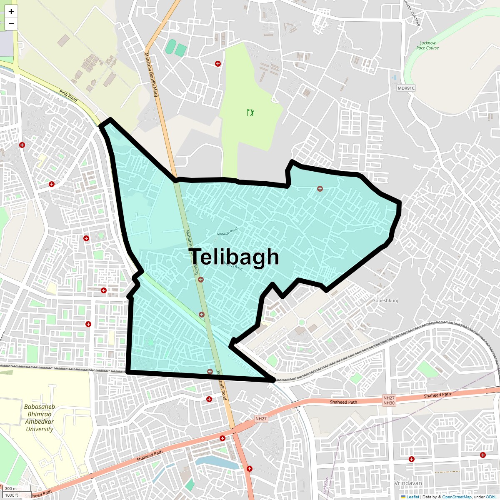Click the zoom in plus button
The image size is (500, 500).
point(11,11)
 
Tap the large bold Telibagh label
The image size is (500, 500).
point(235,257)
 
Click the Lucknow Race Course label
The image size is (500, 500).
point(427,45)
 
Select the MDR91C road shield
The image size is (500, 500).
point(406,88)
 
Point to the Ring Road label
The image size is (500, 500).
point(68,96)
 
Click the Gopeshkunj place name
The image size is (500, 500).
point(385,300)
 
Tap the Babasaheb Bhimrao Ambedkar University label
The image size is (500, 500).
point(39,418)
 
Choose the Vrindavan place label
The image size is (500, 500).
point(408,483)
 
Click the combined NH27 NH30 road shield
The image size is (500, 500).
point(389,400)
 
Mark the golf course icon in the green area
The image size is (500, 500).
point(250,112)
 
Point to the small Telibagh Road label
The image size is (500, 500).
point(227,232)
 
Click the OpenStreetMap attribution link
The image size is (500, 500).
point(457,497)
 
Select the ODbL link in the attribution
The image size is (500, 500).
point(490,497)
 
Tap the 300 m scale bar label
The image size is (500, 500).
point(11,489)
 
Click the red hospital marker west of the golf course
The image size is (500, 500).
point(217,64)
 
